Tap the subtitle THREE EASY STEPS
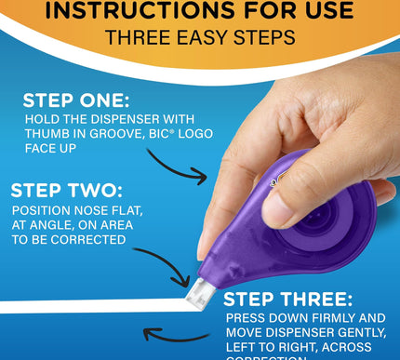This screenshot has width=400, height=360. tap(199, 38)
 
